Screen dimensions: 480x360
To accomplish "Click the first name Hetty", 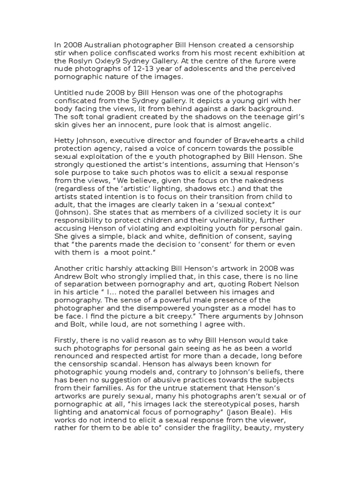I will coord(65,149).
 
